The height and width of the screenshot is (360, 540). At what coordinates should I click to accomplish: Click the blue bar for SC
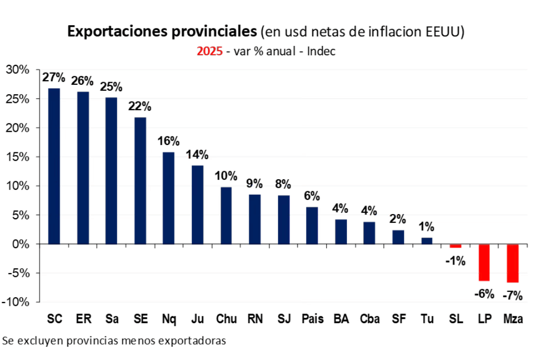point(54,166)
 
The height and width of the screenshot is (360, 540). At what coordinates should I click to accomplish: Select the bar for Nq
point(168,198)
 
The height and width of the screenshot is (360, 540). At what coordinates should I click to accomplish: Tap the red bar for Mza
point(512,263)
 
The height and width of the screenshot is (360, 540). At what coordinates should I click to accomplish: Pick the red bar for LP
point(484,262)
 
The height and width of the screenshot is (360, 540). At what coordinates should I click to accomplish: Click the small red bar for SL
point(455,246)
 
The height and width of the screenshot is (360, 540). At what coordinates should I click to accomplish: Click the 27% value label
point(54,77)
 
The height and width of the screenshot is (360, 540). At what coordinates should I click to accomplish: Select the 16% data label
point(169,141)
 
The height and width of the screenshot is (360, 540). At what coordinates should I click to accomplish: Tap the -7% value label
point(512,296)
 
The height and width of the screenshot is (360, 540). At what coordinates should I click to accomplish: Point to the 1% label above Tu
point(426,227)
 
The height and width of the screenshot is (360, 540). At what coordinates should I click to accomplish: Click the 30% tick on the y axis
point(17,70)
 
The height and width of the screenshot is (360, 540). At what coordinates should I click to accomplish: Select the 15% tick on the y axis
point(17,157)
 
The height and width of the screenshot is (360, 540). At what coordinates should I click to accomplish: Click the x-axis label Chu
point(226,319)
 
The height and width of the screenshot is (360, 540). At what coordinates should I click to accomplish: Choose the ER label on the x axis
point(83,319)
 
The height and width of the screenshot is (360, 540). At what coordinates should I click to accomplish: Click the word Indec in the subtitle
point(321,52)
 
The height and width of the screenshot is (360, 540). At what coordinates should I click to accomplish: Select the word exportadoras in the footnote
point(197,340)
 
